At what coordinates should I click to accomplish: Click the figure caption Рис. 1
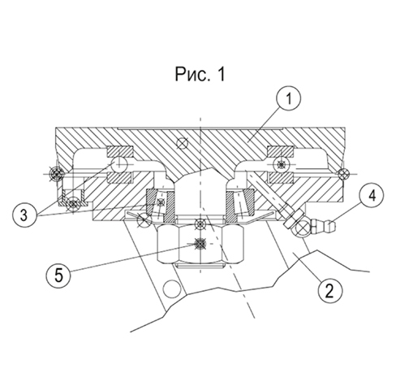point(200,74)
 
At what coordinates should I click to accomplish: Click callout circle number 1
point(289,98)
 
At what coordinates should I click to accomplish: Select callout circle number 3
point(24,215)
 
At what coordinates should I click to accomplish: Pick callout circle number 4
point(372,196)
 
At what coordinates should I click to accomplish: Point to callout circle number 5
point(58,276)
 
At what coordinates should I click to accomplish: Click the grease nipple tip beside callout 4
point(331,224)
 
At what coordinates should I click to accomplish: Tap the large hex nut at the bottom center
point(200,244)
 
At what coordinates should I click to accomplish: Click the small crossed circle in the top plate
point(182,143)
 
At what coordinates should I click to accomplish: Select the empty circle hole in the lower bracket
point(171,289)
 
